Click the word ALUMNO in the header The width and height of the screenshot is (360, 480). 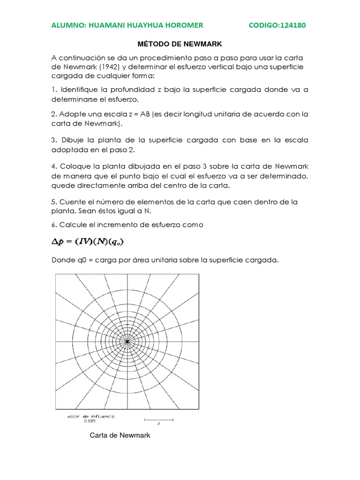[68, 25]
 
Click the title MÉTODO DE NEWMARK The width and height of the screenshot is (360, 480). [180, 44]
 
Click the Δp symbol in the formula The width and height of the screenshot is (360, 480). [57, 242]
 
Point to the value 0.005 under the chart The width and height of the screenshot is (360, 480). [90, 421]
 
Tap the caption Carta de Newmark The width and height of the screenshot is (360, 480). [120, 435]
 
